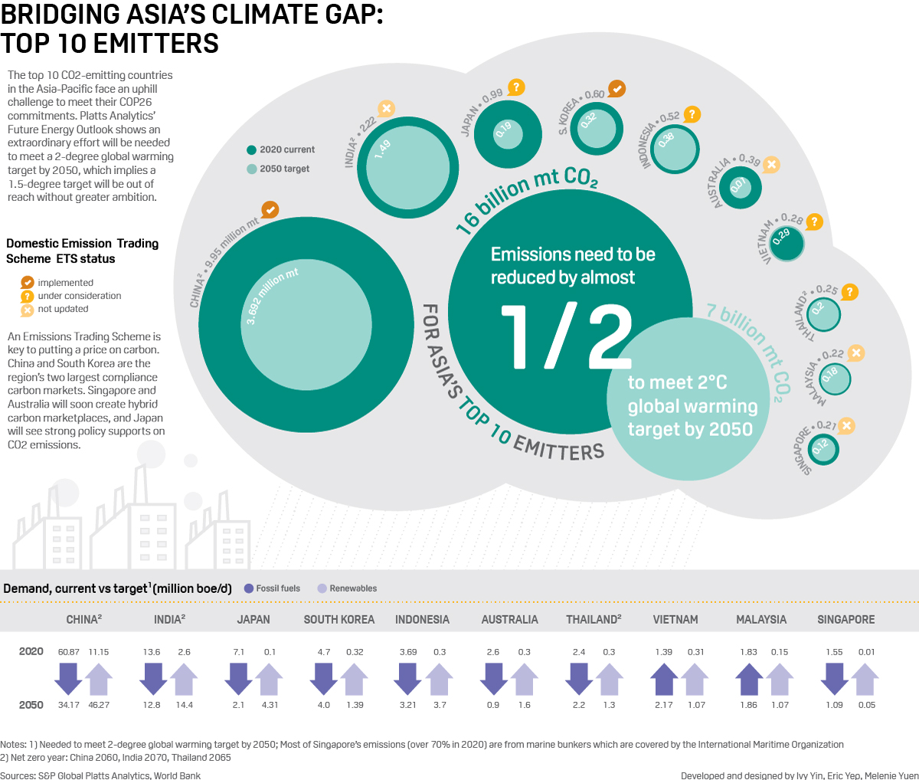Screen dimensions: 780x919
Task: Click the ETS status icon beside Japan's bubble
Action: tap(516, 87)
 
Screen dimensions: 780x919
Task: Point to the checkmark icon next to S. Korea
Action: tap(616, 89)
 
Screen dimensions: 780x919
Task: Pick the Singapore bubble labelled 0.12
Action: tap(823, 449)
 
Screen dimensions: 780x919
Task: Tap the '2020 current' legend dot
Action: tap(251, 150)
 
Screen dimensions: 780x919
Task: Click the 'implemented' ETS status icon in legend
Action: tap(28, 283)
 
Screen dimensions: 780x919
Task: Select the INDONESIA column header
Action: tap(422, 619)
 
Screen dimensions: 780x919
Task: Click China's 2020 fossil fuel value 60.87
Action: tap(69, 652)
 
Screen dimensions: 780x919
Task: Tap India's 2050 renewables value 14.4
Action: tap(184, 705)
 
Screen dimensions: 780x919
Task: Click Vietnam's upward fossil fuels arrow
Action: tap(664, 679)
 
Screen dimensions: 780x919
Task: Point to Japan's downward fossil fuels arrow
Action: tap(239, 679)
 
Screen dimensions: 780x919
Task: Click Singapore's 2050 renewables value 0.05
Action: tap(866, 705)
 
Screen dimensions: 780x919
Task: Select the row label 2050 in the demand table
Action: tap(31, 705)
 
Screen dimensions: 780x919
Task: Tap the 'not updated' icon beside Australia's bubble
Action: tap(771, 164)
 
